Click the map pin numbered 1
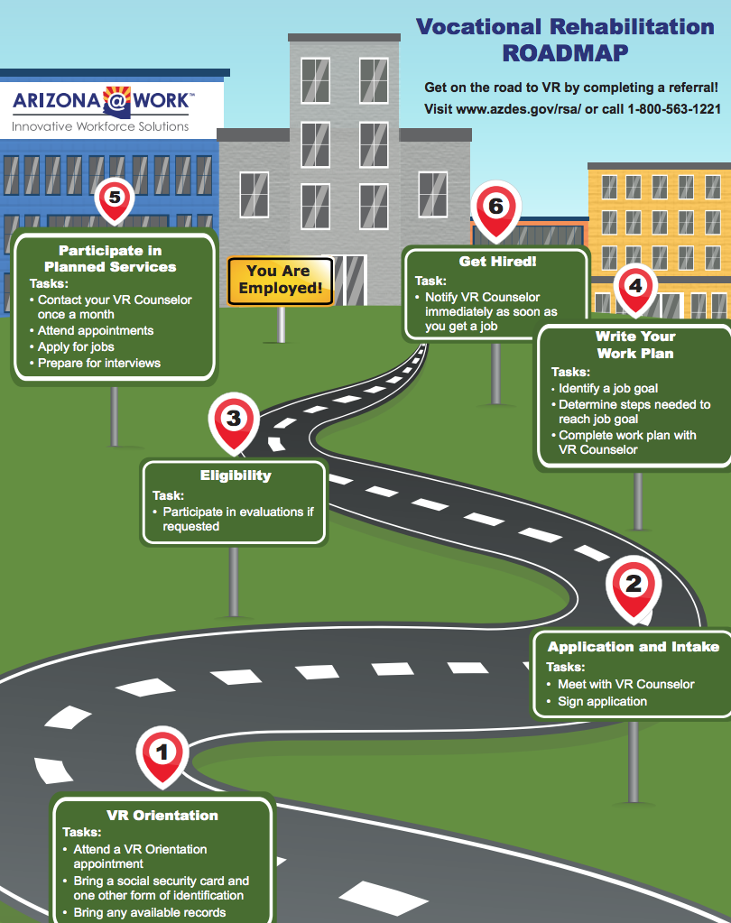click(x=162, y=756)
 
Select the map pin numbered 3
click(x=234, y=421)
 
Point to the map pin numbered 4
click(x=635, y=289)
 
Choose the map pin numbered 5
click(x=115, y=199)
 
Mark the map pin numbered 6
click(x=496, y=209)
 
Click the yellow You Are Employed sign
click(x=281, y=281)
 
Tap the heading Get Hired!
click(x=497, y=262)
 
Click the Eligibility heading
click(x=236, y=475)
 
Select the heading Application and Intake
click(x=634, y=646)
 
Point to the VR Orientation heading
click(x=162, y=816)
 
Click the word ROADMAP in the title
click(x=565, y=53)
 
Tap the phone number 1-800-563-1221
click(x=674, y=109)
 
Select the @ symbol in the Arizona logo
click(x=117, y=101)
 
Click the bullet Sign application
click(x=597, y=701)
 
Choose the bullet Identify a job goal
click(x=605, y=389)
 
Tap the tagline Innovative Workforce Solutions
click(x=100, y=126)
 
